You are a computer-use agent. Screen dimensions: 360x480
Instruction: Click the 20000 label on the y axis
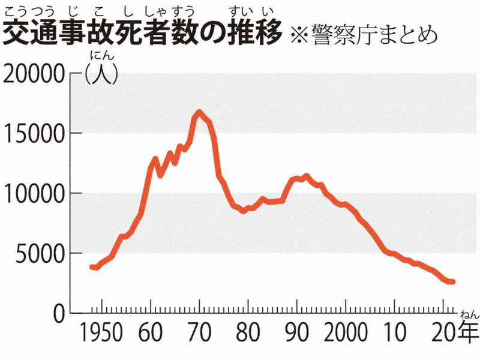coord(34,74)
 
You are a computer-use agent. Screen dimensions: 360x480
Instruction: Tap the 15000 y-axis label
coord(34,133)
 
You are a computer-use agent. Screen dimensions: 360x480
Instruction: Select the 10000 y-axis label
coord(34,193)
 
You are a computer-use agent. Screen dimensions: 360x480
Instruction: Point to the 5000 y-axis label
coord(40,253)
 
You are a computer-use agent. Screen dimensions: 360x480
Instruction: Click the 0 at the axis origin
coord(58,313)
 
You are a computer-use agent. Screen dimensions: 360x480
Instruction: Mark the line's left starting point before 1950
coord(91,266)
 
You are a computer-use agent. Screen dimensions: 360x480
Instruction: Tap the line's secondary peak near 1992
coord(307,176)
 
